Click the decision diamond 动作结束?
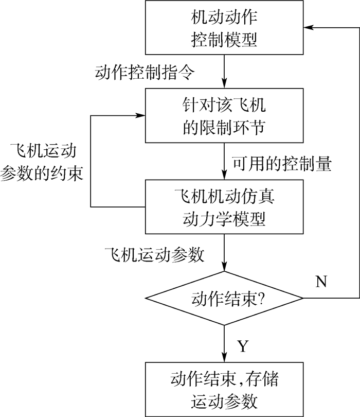tap(224, 298)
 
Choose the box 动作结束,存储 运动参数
tap(224, 389)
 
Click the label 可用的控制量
tap(282, 163)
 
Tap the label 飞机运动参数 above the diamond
tap(154, 254)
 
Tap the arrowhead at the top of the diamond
tap(224, 267)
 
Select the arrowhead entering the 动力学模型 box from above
tap(224, 176)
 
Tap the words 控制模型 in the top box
tap(224, 40)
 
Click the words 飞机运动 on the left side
tap(42, 151)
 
